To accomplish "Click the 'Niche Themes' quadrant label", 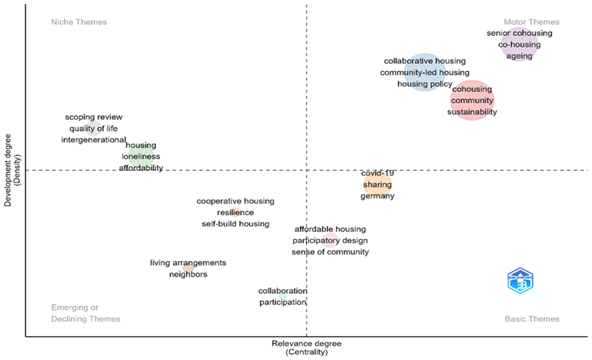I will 79,22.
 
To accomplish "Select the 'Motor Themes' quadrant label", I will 531,22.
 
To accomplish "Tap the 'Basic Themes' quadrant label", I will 531,319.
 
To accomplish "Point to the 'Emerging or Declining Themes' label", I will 85,313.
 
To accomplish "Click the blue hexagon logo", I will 520,281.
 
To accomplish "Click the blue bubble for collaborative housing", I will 425,73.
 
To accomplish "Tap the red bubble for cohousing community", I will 472,100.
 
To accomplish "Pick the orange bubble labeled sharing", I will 377,185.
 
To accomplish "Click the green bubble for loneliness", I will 141,157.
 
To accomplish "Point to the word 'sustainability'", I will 472,112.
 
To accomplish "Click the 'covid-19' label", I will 377,173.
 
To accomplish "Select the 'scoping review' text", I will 93,117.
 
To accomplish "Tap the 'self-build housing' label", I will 235,224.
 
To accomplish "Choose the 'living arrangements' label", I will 188,263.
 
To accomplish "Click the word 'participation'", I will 282,302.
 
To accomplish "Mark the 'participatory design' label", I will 330,241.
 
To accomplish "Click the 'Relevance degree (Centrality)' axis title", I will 306,347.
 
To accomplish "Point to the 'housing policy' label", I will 425,84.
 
